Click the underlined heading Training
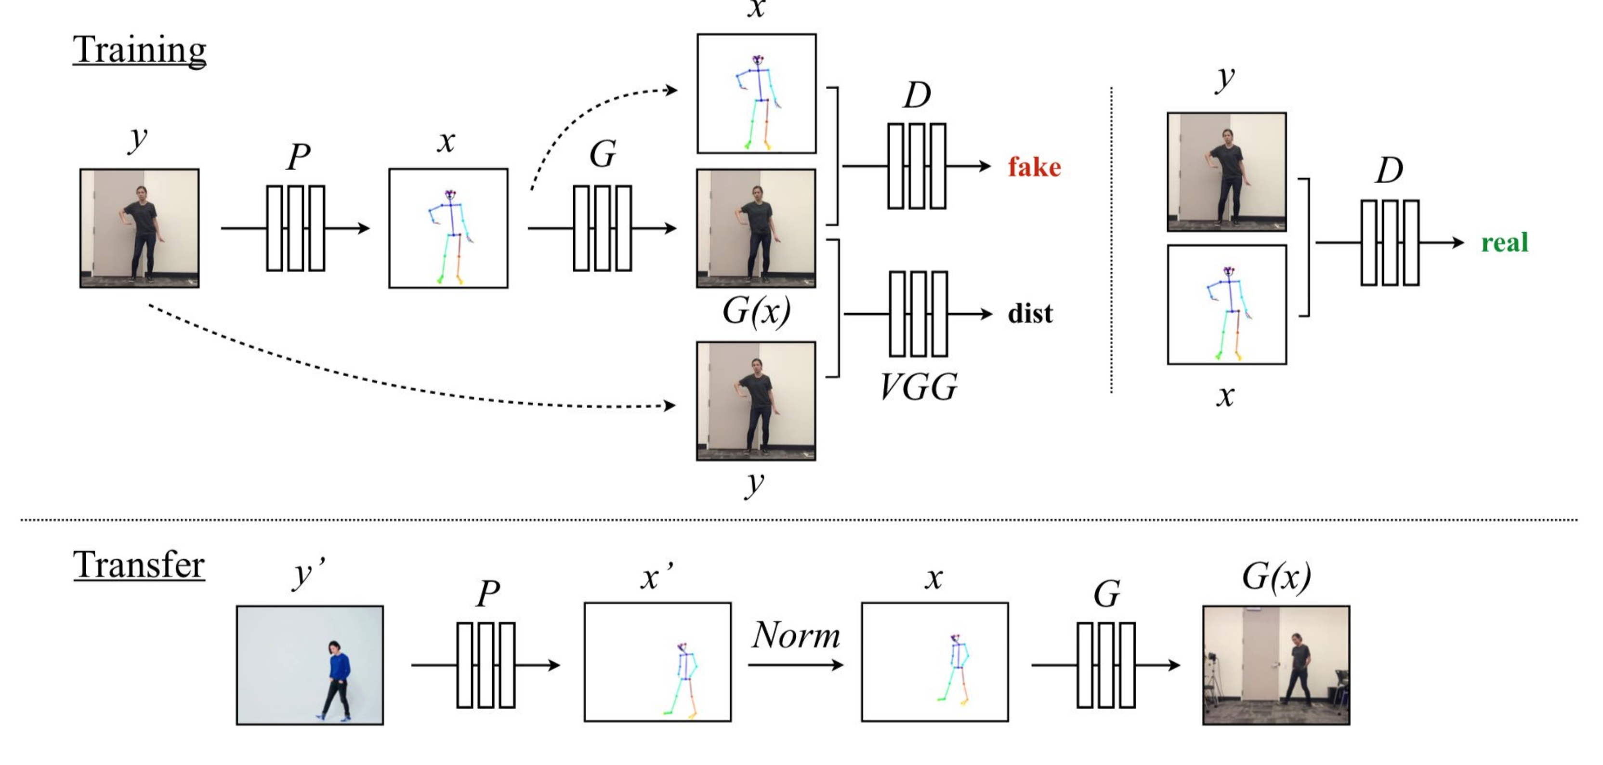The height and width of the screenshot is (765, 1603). click(x=139, y=50)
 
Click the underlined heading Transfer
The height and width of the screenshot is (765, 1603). click(x=139, y=565)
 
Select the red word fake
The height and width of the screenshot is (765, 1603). click(x=1034, y=167)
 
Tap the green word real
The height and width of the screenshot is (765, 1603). click(x=1504, y=242)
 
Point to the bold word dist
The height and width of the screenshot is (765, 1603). click(x=1030, y=314)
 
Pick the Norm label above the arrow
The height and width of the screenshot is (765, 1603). click(x=796, y=635)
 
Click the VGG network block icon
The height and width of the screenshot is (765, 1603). click(x=919, y=314)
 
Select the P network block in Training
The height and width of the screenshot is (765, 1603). click(x=296, y=228)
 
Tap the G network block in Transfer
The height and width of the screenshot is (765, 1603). click(x=1106, y=665)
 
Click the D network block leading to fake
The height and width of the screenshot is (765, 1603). click(x=917, y=166)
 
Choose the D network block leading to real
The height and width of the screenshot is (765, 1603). click(x=1390, y=242)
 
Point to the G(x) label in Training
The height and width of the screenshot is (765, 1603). click(x=756, y=310)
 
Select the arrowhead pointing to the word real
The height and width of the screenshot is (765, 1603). click(x=1458, y=242)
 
